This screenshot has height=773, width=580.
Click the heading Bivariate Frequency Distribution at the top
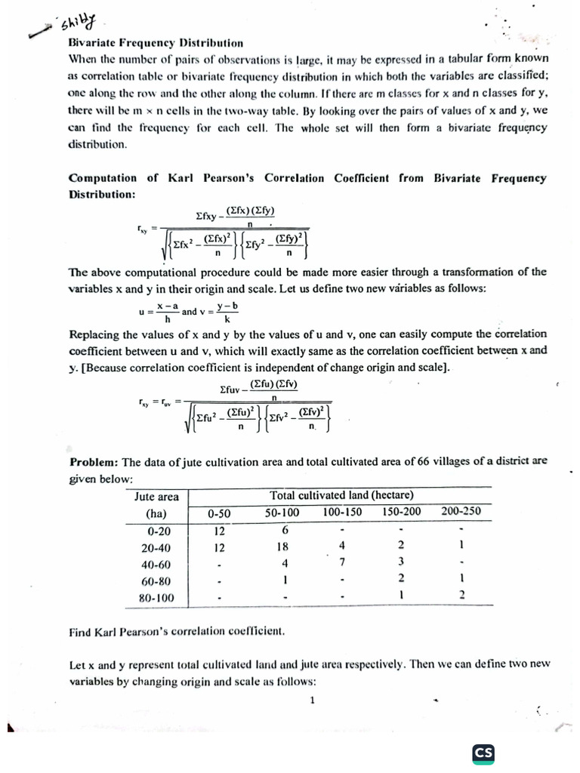pyautogui.click(x=156, y=43)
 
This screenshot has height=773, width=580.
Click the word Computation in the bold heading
pyautogui.click(x=103, y=178)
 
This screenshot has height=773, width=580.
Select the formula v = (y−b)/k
pyautogui.click(x=221, y=311)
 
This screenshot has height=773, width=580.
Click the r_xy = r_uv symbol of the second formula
pyautogui.click(x=156, y=402)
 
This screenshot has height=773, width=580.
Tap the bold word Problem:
pyautogui.click(x=94, y=462)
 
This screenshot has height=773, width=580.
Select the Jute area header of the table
pyautogui.click(x=156, y=496)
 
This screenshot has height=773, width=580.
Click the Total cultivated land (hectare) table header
pyautogui.click(x=341, y=495)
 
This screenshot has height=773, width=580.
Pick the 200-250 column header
pyautogui.click(x=460, y=513)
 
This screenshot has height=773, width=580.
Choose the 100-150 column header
pyautogui.click(x=342, y=513)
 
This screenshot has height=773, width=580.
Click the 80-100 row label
pyautogui.click(x=156, y=597)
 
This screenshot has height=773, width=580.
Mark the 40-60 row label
pyautogui.click(x=156, y=563)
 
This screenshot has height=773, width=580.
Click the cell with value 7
pyautogui.click(x=342, y=562)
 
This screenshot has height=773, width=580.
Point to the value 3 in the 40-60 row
pyautogui.click(x=401, y=562)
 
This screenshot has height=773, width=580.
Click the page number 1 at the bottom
pyautogui.click(x=312, y=700)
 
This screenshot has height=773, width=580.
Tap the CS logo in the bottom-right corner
pyautogui.click(x=483, y=753)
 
